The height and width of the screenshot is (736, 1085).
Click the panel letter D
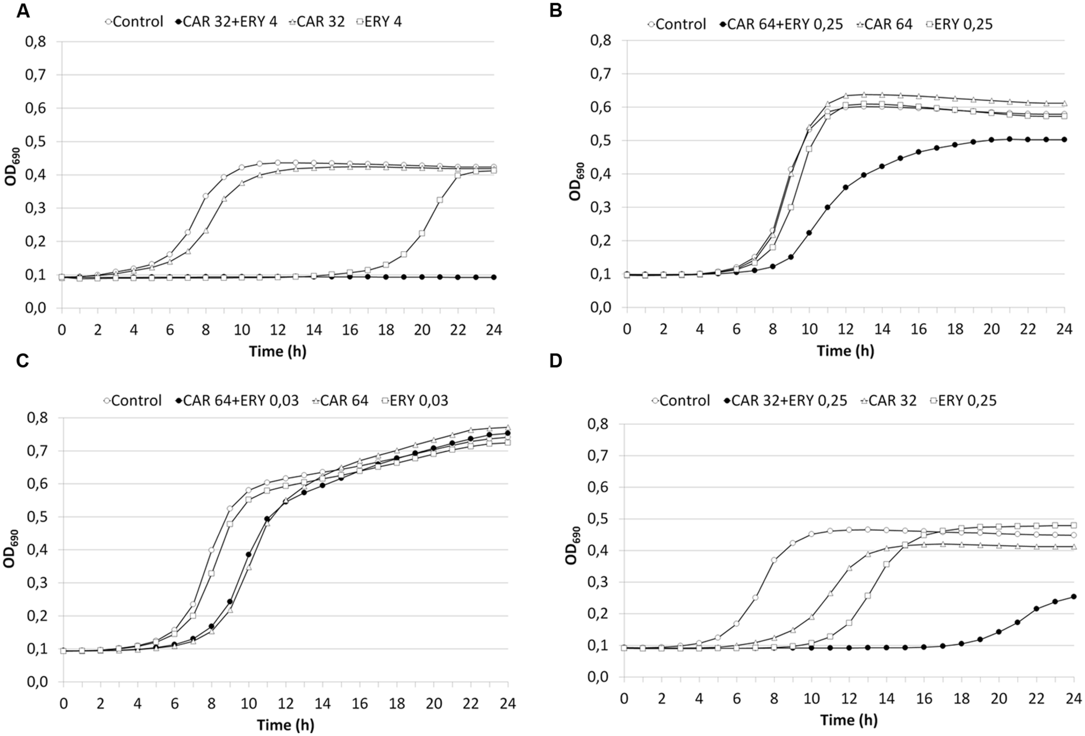click(556, 361)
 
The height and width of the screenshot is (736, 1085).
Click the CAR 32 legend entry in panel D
click(887, 400)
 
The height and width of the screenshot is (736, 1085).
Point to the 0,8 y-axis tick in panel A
click(36, 42)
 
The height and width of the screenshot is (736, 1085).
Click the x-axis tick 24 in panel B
click(1064, 329)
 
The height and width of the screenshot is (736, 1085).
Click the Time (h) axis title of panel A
click(278, 351)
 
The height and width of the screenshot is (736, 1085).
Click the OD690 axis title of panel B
click(575, 181)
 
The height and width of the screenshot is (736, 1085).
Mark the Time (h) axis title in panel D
click(849, 720)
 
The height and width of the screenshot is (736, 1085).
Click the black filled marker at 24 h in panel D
click(1073, 596)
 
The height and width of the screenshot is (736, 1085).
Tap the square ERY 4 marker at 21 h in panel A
click(440, 200)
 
